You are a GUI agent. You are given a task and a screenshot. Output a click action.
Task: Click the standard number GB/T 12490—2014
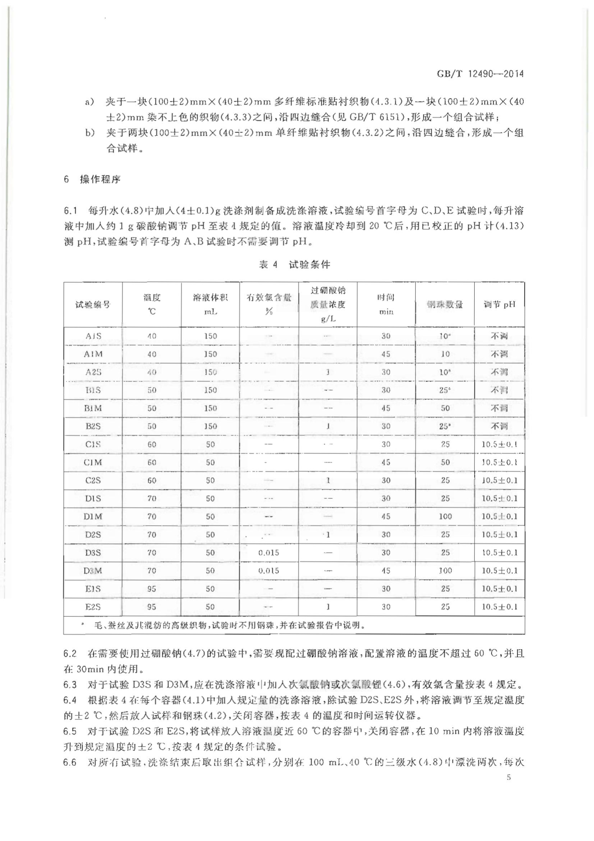tap(480, 74)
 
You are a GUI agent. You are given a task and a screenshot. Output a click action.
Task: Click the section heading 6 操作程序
tap(92, 179)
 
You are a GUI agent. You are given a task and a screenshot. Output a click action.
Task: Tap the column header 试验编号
tap(93, 304)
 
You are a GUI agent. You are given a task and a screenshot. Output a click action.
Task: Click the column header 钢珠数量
tap(445, 304)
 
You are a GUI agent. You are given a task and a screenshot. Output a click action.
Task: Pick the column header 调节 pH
tap(499, 304)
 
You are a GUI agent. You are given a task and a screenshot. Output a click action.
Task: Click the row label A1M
tap(93, 354)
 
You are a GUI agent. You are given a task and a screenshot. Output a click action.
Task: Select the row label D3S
tap(93, 553)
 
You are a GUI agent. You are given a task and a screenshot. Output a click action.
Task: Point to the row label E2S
tap(93, 607)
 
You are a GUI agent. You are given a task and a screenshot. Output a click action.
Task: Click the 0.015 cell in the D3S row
tap(269, 553)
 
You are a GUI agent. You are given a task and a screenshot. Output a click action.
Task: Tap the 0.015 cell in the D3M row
tap(269, 571)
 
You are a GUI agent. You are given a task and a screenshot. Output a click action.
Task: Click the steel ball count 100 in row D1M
tap(445, 517)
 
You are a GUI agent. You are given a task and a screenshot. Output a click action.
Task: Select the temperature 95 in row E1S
tap(151, 589)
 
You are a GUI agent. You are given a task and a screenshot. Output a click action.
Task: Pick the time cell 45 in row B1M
tap(386, 408)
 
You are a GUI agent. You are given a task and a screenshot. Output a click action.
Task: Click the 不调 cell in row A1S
tap(499, 336)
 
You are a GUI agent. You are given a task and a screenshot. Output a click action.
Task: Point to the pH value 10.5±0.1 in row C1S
tap(499, 444)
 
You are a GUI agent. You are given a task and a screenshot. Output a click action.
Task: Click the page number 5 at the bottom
tap(508, 777)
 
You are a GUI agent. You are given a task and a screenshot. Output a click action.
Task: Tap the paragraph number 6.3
tap(70, 685)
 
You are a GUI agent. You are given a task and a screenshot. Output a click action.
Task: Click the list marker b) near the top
tap(90, 133)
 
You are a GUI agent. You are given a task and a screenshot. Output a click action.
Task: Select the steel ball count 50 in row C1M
tap(445, 463)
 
